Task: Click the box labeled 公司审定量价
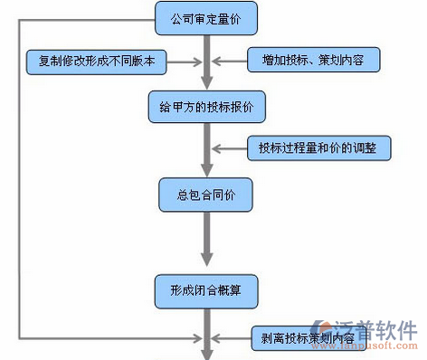click(206, 17)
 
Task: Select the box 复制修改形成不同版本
click(96, 62)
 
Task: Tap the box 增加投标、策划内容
click(314, 62)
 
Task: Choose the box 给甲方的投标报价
click(206, 106)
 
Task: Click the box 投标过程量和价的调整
click(318, 147)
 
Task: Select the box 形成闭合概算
click(206, 289)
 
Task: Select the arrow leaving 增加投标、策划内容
click(227, 62)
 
